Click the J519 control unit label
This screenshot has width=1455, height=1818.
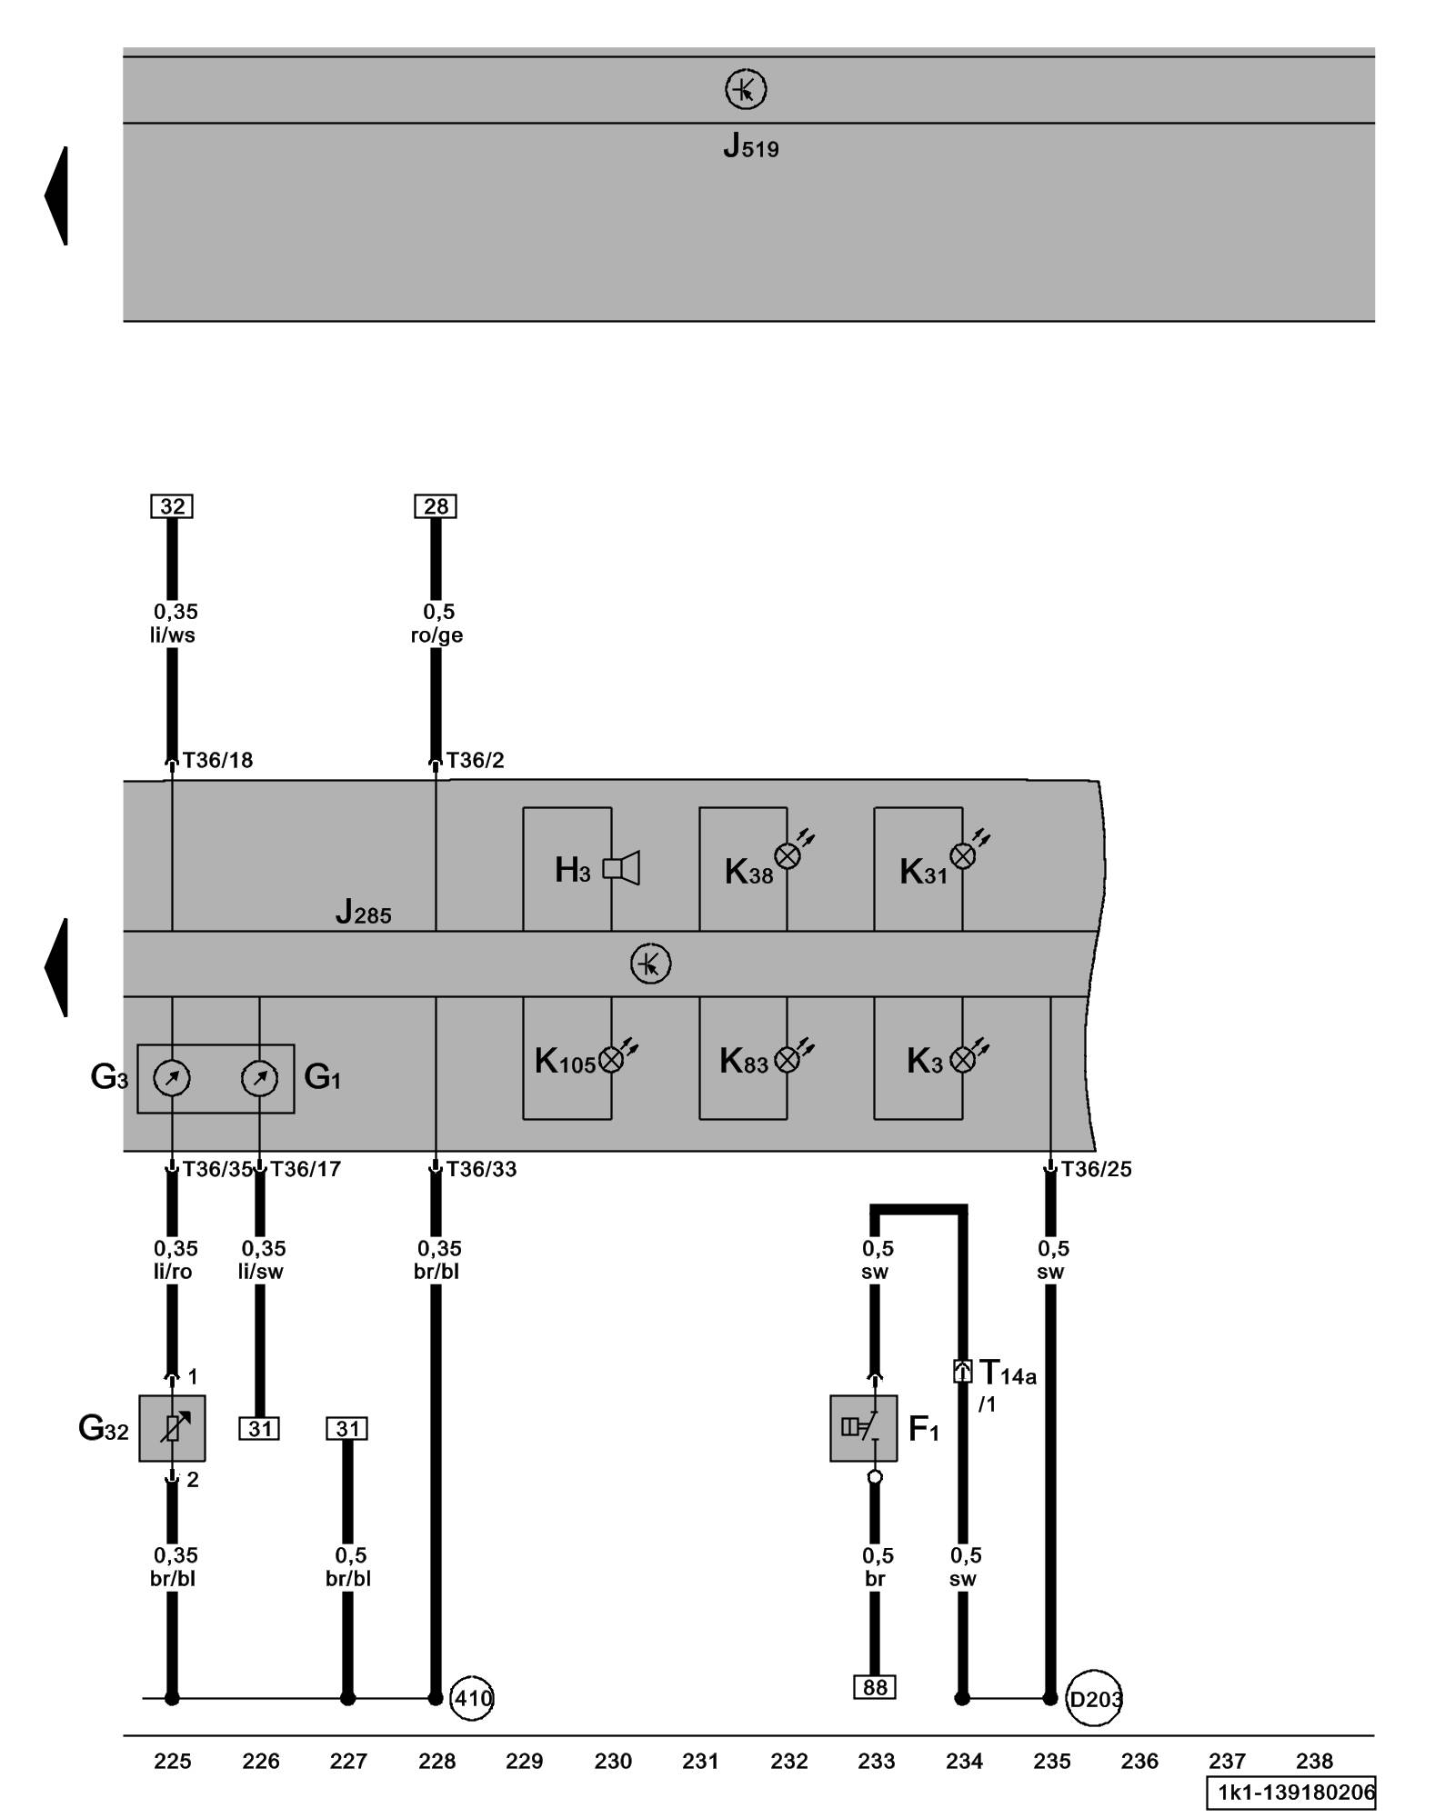pyautogui.click(x=750, y=147)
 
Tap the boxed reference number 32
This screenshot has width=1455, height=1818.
pyautogui.click(x=172, y=506)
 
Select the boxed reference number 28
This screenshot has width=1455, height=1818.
pyautogui.click(x=436, y=506)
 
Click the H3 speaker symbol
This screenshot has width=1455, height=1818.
pyautogui.click(x=621, y=868)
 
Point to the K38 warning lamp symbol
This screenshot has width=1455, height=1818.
pyautogui.click(x=788, y=855)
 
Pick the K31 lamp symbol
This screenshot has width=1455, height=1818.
pyautogui.click(x=962, y=855)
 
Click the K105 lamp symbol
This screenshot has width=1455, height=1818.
pyautogui.click(x=611, y=1059)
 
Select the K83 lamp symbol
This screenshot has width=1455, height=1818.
pyautogui.click(x=788, y=1059)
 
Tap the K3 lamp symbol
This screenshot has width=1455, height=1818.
pyautogui.click(x=962, y=1059)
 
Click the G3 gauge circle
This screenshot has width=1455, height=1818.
pyautogui.click(x=172, y=1079)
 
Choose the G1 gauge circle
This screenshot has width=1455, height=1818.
pyautogui.click(x=259, y=1079)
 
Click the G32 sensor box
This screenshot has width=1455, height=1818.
pyautogui.click(x=172, y=1428)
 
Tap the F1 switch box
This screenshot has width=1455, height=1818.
pyautogui.click(x=863, y=1428)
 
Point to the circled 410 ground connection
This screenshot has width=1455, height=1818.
pyautogui.click(x=473, y=1698)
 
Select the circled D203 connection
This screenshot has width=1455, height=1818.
pyautogui.click(x=1094, y=1698)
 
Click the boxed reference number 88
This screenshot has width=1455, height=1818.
pyautogui.click(x=875, y=1687)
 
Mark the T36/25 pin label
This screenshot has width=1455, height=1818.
pyautogui.click(x=1097, y=1170)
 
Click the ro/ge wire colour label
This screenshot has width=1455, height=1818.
pyautogui.click(x=436, y=635)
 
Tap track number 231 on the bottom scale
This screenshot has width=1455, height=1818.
pyautogui.click(x=700, y=1762)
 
